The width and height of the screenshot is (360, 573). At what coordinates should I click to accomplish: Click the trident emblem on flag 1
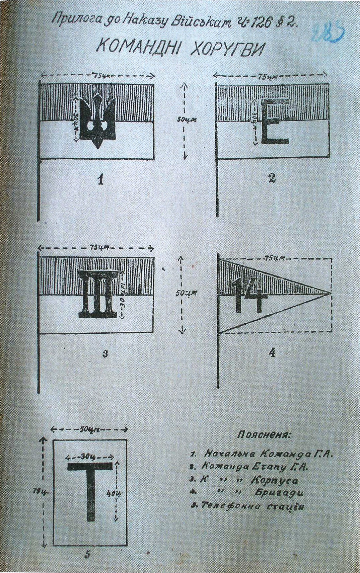[97, 121]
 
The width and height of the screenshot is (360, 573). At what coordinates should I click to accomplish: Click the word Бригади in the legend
[279, 493]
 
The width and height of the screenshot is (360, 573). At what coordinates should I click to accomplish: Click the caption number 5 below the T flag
[87, 554]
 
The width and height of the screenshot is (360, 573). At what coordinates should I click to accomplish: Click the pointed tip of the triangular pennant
[331, 293]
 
